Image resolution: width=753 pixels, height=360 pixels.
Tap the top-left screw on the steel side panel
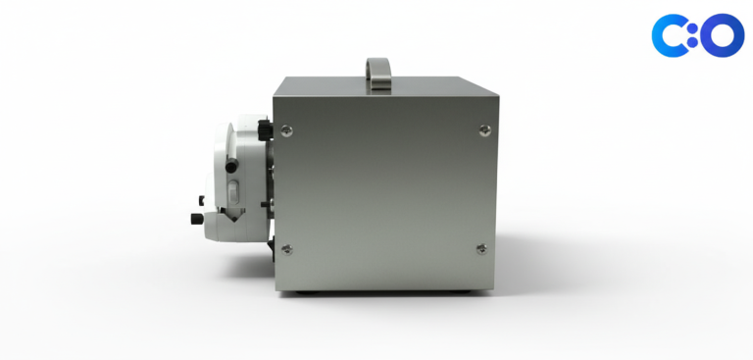click(286, 130)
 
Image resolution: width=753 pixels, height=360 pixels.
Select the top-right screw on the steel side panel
click(485, 129)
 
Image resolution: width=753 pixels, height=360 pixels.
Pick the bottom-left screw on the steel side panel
click(286, 249)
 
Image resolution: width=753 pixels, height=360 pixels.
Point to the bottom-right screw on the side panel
click(481, 248)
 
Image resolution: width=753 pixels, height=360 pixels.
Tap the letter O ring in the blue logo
click(722, 35)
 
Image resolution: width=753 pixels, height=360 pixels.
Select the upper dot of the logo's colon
click(692, 29)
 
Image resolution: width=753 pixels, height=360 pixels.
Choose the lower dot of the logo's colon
click(692, 42)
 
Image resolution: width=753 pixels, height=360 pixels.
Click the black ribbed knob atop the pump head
click(265, 129)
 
